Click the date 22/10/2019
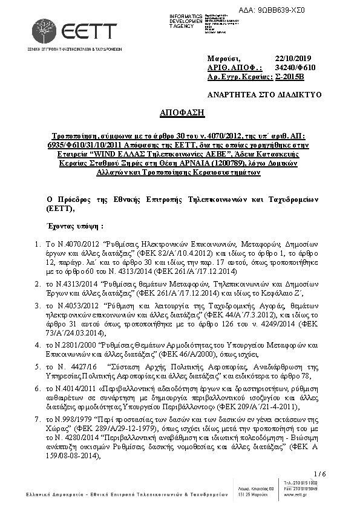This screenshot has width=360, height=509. [292, 57]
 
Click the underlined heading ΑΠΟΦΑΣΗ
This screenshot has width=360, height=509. [180, 113]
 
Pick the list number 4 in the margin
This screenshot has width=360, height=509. [38, 345]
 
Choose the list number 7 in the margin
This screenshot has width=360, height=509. [38, 418]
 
